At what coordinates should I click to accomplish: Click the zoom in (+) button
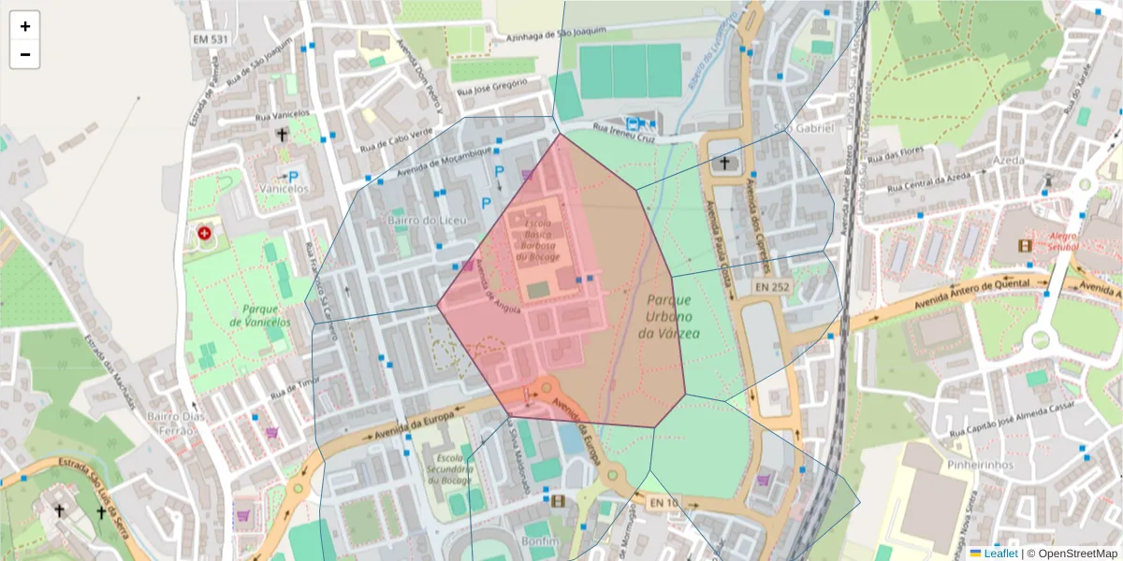click(24, 26)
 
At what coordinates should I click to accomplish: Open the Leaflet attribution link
click(1000, 553)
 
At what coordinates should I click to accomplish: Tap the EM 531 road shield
click(211, 38)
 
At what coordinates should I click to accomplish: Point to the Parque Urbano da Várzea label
click(668, 316)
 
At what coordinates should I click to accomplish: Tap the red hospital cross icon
click(204, 232)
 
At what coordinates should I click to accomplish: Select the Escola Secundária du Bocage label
click(445, 469)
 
